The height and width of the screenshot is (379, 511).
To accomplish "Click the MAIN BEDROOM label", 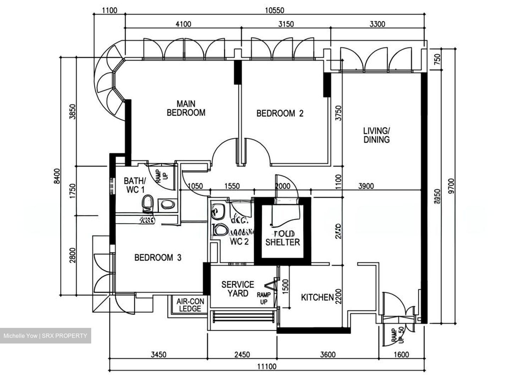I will click(186, 108).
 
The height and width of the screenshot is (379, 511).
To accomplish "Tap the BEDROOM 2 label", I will click(280, 113).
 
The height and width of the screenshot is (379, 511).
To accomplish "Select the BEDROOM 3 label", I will click(158, 257).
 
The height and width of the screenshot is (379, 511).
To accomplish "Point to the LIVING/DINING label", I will click(376, 135).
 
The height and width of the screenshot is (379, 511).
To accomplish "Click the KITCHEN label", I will click(317, 297).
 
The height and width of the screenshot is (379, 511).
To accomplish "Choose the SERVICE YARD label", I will click(238, 289).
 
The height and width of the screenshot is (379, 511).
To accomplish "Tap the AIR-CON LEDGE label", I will click(190, 305).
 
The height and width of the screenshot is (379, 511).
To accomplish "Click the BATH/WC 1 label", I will click(134, 185).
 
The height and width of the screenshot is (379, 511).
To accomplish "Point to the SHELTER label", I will click(282, 242).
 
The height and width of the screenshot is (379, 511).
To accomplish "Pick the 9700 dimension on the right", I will click(451, 185).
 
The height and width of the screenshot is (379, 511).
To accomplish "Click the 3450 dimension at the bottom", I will click(158, 355).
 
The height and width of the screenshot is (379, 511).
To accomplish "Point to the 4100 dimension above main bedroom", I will click(183, 24).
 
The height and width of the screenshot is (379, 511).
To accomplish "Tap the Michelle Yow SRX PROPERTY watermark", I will click(45, 336).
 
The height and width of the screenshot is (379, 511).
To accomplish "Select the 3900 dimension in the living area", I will click(366, 186).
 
